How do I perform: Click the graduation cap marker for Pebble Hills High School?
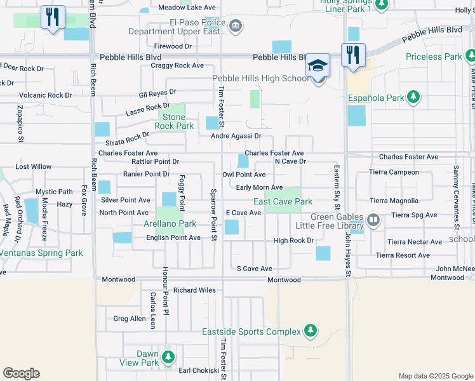pyautogui.click(x=318, y=66)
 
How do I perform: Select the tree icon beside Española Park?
pyautogui.click(x=413, y=98)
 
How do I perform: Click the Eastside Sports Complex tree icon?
pyautogui.click(x=310, y=331)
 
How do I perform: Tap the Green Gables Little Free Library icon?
pyautogui.click(x=374, y=220)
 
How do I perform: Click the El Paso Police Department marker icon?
pyautogui.click(x=236, y=26)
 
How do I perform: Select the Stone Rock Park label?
pyautogui.click(x=173, y=121)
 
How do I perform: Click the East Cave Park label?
pyautogui.click(x=283, y=201)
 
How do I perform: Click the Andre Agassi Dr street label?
pyautogui.click(x=236, y=136)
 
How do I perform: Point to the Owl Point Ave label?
pyautogui.click(x=244, y=175)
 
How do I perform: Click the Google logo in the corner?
pyautogui.click(x=21, y=373)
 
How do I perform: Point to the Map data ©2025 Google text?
pyautogui.click(x=435, y=376)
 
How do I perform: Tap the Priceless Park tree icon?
pyautogui.click(x=469, y=57)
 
